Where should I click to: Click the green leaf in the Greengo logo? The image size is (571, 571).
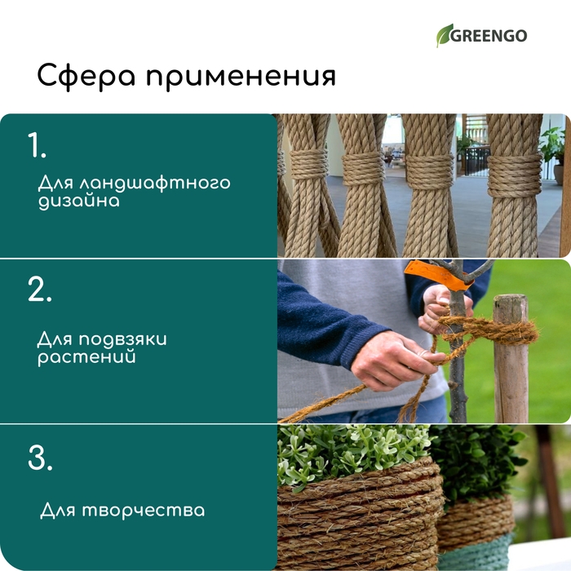(445, 35)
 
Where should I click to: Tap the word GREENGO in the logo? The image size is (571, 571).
(492, 36)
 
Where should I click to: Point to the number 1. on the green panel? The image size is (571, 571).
(38, 145)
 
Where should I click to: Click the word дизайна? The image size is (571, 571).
(78, 201)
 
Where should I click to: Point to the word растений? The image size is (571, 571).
(86, 357)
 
